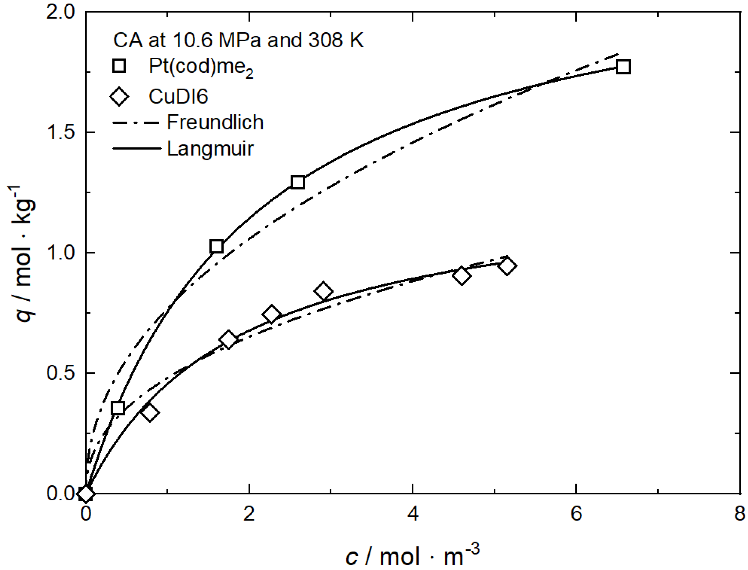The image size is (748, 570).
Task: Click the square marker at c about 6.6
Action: point(623,67)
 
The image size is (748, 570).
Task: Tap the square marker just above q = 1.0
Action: point(217,246)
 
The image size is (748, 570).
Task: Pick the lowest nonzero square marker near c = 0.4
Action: point(118,408)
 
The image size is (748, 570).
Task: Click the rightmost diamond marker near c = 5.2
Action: point(507,266)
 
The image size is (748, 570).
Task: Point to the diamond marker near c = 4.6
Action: point(461,276)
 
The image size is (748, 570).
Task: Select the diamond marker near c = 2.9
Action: point(323,291)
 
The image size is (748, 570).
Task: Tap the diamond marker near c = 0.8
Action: point(149,413)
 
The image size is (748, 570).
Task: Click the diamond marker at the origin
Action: point(86,494)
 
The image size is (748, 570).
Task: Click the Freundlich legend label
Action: point(215,122)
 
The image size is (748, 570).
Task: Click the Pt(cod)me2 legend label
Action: point(201,67)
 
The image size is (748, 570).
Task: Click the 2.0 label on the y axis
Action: point(60,12)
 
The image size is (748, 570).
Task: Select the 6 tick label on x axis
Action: point(576,514)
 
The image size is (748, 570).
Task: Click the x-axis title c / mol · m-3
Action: point(412,555)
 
